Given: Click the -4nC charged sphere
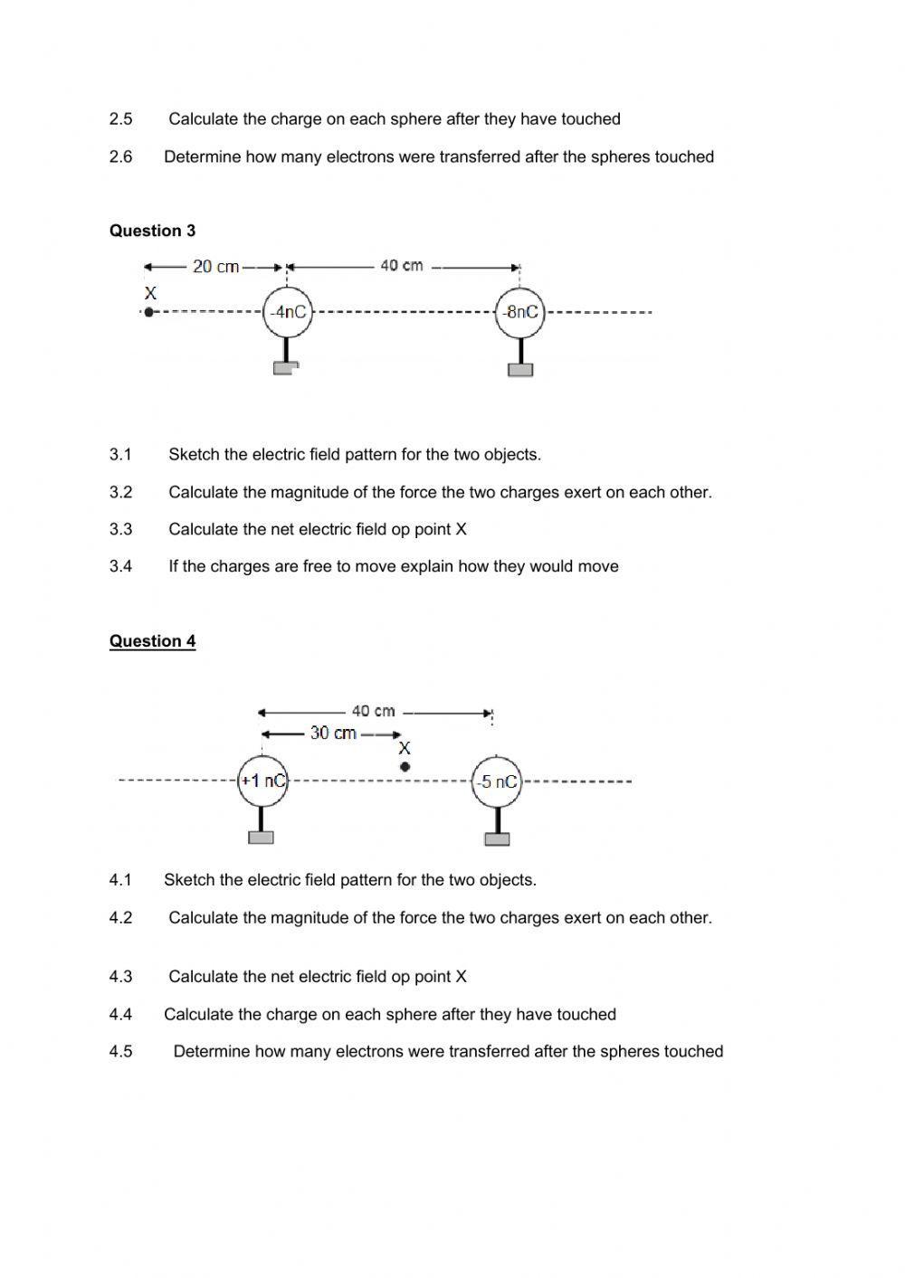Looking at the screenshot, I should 287,312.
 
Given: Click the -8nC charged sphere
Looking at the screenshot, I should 520,312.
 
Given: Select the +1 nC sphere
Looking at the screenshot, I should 262,781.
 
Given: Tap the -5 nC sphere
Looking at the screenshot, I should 497,781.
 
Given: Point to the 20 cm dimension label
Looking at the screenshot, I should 215,267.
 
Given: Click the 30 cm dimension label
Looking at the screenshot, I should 333,734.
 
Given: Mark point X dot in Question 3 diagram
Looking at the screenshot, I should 149,312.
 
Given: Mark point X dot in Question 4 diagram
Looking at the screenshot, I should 405,767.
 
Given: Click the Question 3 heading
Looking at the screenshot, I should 152,231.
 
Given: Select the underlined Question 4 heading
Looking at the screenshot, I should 152,641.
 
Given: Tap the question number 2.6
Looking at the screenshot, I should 120,157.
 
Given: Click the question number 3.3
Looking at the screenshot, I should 120,530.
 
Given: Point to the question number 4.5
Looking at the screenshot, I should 120,1052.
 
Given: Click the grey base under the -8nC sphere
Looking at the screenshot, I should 520,370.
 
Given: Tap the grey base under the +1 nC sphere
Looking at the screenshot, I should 261,838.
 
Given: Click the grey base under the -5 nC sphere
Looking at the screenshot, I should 497,839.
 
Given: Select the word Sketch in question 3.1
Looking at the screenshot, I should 193,455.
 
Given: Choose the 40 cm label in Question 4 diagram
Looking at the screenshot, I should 373,712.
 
